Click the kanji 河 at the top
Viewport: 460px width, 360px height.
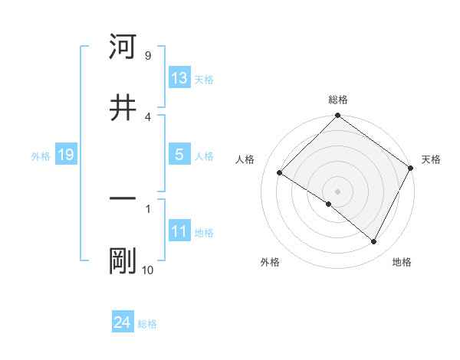click(x=123, y=47)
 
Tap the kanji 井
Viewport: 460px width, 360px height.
click(x=123, y=108)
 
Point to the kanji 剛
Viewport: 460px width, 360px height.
click(x=123, y=260)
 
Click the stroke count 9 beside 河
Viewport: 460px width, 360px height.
click(x=147, y=56)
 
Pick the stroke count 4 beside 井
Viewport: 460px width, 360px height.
click(x=147, y=116)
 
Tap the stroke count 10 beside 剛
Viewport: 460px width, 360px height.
click(x=147, y=270)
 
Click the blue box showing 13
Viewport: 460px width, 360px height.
click(x=179, y=78)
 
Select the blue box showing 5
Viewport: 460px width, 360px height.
click(x=179, y=155)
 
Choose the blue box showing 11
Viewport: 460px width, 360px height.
click(x=179, y=231)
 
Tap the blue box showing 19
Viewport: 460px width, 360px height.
click(x=65, y=155)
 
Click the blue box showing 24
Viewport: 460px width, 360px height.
click(x=122, y=323)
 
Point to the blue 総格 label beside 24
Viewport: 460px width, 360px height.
click(x=147, y=324)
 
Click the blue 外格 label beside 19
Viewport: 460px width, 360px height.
click(x=41, y=155)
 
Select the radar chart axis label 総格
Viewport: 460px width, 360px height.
click(x=338, y=100)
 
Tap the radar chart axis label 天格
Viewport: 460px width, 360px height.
click(x=431, y=159)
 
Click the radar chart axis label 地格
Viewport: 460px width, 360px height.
click(x=402, y=262)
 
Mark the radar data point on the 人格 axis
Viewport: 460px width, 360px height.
click(x=280, y=173)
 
